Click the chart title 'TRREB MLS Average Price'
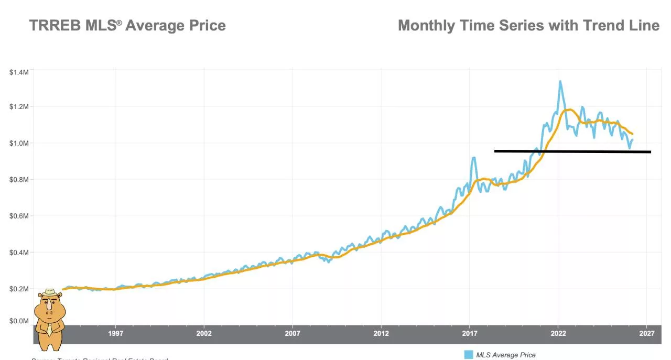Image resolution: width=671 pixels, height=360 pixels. [x=127, y=25]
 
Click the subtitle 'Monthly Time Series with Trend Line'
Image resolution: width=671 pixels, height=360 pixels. [x=528, y=25]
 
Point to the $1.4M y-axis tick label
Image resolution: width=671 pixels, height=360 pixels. [x=19, y=72]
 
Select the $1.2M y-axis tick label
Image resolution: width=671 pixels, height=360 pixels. [x=19, y=107]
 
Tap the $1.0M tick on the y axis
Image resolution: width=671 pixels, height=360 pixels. [x=19, y=143]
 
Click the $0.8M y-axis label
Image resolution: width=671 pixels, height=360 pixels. [x=19, y=180]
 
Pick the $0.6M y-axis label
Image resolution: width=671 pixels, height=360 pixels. [x=19, y=216]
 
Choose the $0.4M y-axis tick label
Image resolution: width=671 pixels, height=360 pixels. [x=19, y=253]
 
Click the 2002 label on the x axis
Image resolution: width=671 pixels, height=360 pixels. [x=204, y=333]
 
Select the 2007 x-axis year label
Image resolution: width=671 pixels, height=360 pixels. [x=293, y=333]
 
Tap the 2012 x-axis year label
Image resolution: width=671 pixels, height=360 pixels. [x=381, y=333]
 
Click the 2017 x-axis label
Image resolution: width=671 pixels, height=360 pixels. [x=470, y=333]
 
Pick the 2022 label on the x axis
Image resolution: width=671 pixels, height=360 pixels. [x=558, y=333]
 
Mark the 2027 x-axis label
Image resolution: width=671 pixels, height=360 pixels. [x=647, y=333]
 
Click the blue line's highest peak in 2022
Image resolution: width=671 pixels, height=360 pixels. [x=560, y=81]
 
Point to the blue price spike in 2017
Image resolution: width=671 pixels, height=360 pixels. [x=474, y=158]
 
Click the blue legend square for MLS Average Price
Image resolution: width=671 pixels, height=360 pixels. [x=469, y=355]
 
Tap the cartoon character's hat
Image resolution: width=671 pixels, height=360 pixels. [x=50, y=292]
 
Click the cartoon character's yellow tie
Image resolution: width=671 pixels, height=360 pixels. [x=49, y=329]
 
